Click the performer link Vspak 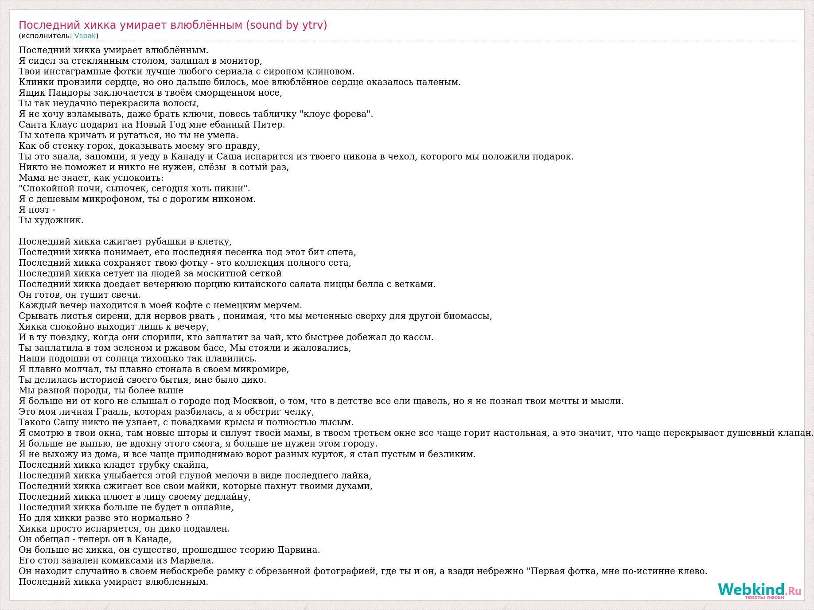click(x=85, y=36)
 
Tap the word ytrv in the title click(x=312, y=25)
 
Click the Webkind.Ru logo click(x=759, y=591)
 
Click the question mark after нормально click(x=187, y=518)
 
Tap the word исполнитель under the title click(x=45, y=36)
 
